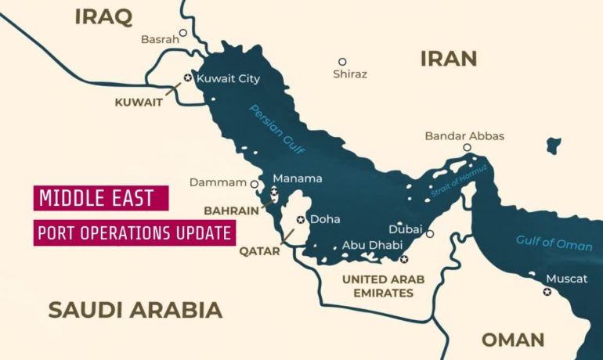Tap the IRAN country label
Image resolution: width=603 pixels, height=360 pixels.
[449, 58]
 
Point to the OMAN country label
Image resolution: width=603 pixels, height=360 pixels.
[513, 340]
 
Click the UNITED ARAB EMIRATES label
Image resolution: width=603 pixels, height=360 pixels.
[383, 286]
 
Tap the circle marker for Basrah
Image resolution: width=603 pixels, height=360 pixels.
[183, 33]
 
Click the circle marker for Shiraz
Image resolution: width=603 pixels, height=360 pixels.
[342, 61]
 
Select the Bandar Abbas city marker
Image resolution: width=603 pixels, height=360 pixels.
[467, 147]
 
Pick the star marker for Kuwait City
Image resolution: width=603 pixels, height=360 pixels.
[187, 78]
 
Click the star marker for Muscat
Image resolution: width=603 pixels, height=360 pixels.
[547, 292]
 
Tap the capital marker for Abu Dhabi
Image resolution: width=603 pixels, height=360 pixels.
[404, 259]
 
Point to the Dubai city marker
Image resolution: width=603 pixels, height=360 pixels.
[430, 233]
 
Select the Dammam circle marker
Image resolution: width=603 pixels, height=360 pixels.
[254, 184]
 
